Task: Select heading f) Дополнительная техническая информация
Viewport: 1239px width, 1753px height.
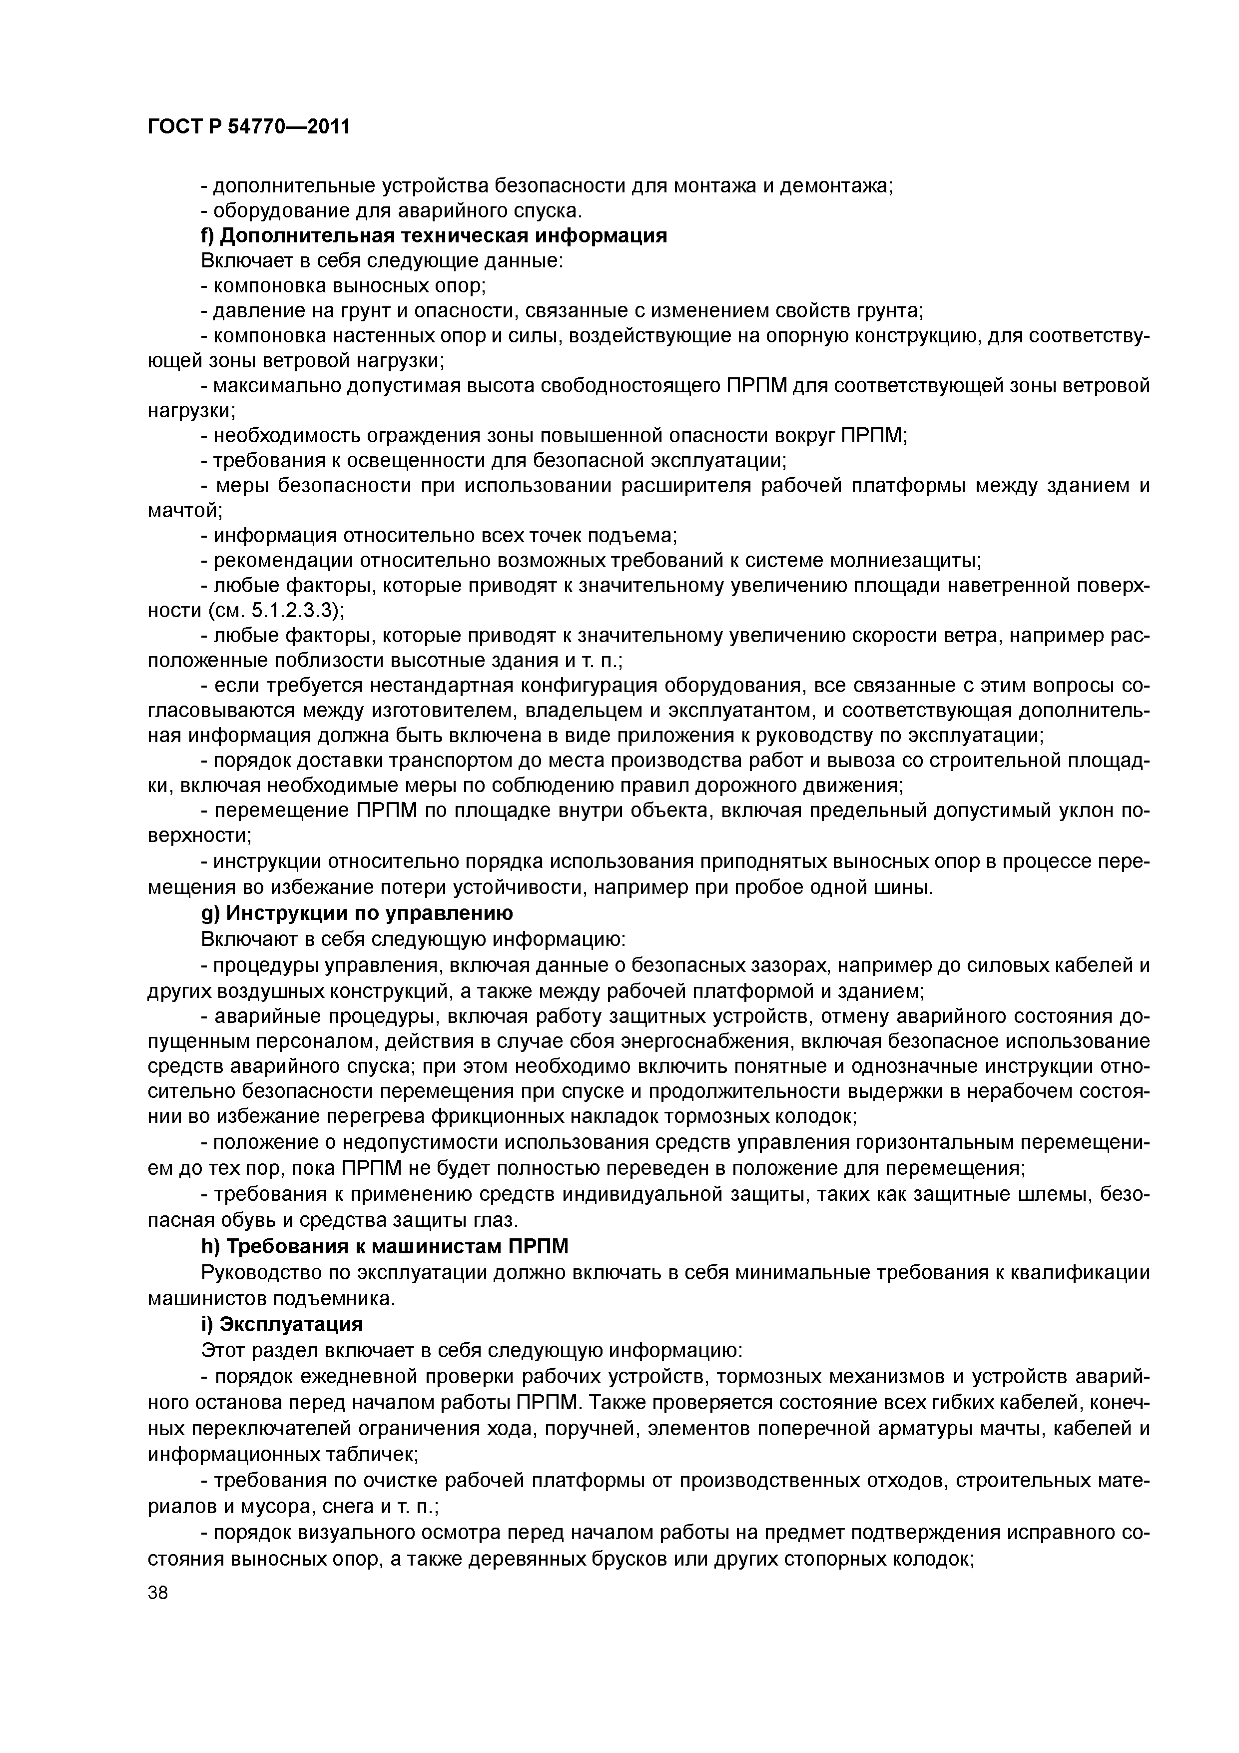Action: click(x=434, y=236)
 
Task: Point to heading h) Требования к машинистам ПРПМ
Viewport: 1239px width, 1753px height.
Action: click(x=385, y=1248)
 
